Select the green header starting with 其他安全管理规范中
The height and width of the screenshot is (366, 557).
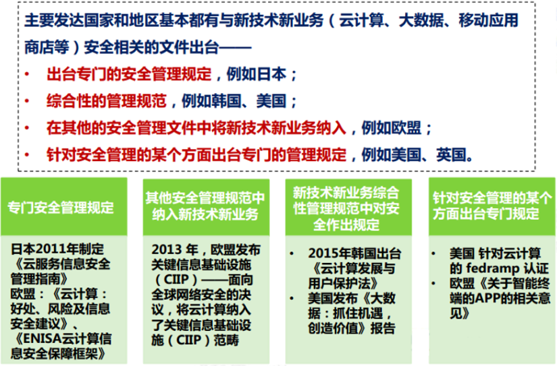(206, 207)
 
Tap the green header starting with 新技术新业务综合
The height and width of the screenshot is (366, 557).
(348, 207)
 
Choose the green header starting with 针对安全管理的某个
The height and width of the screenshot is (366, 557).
(492, 206)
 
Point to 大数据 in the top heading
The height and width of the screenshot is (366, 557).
(421, 21)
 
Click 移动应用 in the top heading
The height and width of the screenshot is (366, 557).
(489, 21)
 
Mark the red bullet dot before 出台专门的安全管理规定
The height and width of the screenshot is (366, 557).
(27, 74)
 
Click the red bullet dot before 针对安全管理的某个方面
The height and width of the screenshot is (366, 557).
(27, 155)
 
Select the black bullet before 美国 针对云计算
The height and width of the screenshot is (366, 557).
(433, 253)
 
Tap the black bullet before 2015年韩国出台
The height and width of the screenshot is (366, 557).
(291, 253)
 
